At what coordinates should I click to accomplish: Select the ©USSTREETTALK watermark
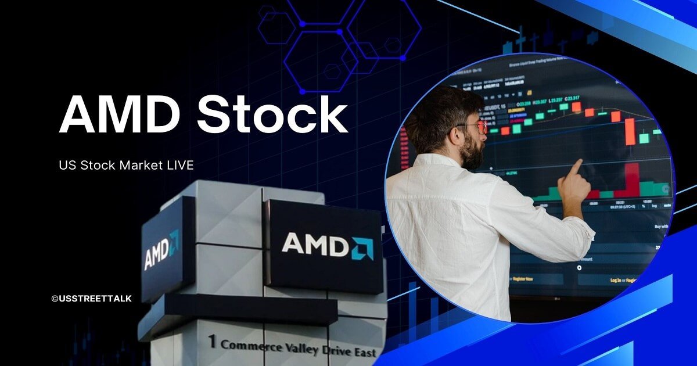click(91, 299)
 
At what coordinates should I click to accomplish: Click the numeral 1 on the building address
click(212, 342)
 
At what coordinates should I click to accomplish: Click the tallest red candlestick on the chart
click(630, 131)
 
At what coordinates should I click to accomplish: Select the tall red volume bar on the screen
click(631, 180)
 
